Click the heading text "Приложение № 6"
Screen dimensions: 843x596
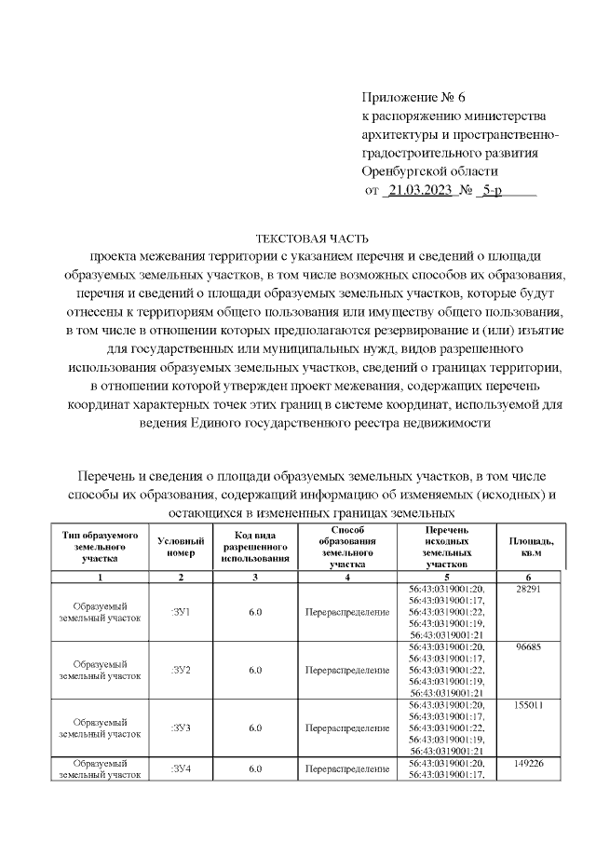tap(411, 97)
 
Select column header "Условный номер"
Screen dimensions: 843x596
tap(176, 547)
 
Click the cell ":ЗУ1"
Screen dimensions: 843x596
tap(181, 611)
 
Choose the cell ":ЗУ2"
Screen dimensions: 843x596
tap(181, 670)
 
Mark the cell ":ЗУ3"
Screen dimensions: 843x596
tap(181, 728)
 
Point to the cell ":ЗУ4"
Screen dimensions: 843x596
tap(181, 769)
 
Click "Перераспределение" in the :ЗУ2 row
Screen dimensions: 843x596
tap(346, 670)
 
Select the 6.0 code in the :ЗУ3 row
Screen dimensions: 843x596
tap(255, 728)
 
